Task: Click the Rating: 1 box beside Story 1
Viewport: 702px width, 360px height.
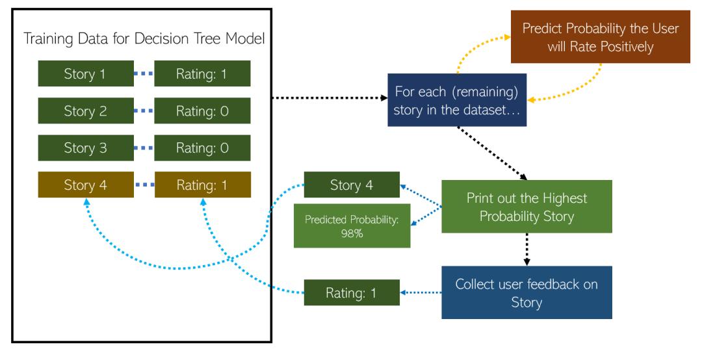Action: (202, 73)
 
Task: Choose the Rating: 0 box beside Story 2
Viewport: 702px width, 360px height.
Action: (202, 110)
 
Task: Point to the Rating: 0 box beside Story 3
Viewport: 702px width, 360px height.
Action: (202, 147)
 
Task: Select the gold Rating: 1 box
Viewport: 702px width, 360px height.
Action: (202, 184)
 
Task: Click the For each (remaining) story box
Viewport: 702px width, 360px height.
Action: (456, 100)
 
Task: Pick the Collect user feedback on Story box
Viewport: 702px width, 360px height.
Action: (526, 292)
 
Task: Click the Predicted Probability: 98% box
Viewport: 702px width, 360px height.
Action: (352, 225)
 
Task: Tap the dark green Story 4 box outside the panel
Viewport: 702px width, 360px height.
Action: (352, 185)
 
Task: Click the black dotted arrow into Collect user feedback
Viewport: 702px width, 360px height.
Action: (526, 250)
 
